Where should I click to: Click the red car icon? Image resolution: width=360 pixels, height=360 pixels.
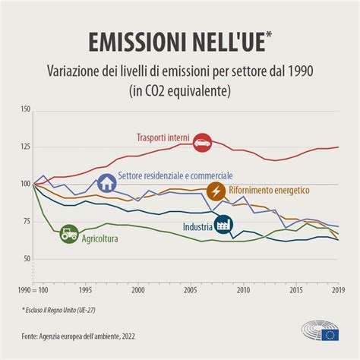pyautogui.click(x=201, y=141)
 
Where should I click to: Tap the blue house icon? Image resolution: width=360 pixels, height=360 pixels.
pyautogui.click(x=107, y=183)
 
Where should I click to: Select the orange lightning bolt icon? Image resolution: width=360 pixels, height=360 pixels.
pyautogui.click(x=216, y=190)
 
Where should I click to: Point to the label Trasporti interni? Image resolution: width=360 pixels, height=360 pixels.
pyautogui.click(x=163, y=137)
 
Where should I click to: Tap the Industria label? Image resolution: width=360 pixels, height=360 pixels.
pyautogui.click(x=197, y=226)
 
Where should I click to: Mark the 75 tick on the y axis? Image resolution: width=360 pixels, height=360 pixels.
pyautogui.click(x=27, y=221)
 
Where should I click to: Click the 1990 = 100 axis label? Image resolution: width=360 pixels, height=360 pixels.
pyautogui.click(x=33, y=290)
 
